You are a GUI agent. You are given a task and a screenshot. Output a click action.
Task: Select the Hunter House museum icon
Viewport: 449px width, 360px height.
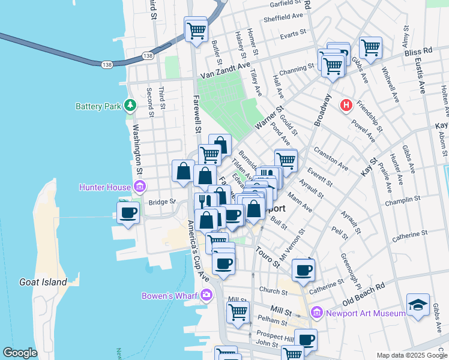coord(140,187)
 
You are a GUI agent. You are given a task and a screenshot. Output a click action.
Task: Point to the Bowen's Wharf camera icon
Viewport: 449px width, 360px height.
coord(207,295)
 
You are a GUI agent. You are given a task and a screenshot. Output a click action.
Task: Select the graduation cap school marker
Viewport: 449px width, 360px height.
coord(418,305)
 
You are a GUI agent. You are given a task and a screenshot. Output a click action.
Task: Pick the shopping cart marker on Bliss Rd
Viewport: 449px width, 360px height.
coord(371,47)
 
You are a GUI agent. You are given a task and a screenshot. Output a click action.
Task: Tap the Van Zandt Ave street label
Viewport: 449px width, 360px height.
coord(224,71)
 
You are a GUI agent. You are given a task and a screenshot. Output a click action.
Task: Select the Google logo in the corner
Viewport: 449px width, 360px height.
coord(20,353)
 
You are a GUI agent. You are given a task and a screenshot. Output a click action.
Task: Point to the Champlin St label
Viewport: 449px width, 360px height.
coord(404,201)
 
